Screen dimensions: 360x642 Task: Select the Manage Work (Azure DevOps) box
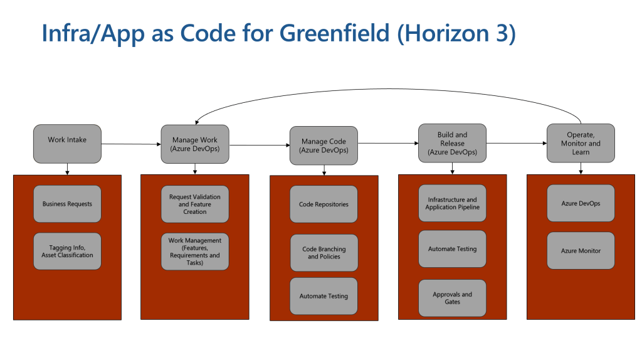(195, 144)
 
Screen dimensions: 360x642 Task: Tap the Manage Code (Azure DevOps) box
(324, 146)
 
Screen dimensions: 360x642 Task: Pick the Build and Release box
(452, 143)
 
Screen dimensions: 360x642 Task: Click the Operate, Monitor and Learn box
(581, 143)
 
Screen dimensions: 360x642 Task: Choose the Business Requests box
(67, 204)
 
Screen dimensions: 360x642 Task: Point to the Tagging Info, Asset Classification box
(67, 251)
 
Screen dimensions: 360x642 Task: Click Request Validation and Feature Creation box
(195, 204)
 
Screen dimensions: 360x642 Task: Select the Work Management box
(195, 251)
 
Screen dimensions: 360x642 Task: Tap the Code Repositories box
(324, 204)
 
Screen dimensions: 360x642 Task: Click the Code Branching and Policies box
(324, 253)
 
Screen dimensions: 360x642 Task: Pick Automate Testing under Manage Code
(324, 296)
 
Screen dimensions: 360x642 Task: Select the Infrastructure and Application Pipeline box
(452, 203)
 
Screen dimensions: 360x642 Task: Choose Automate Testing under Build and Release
(452, 249)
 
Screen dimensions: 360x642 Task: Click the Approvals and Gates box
(452, 298)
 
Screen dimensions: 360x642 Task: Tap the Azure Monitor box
(581, 251)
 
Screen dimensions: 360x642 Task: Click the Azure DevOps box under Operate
(581, 204)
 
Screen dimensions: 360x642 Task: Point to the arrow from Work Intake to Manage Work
(131, 144)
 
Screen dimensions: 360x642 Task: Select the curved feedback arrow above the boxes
(389, 88)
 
